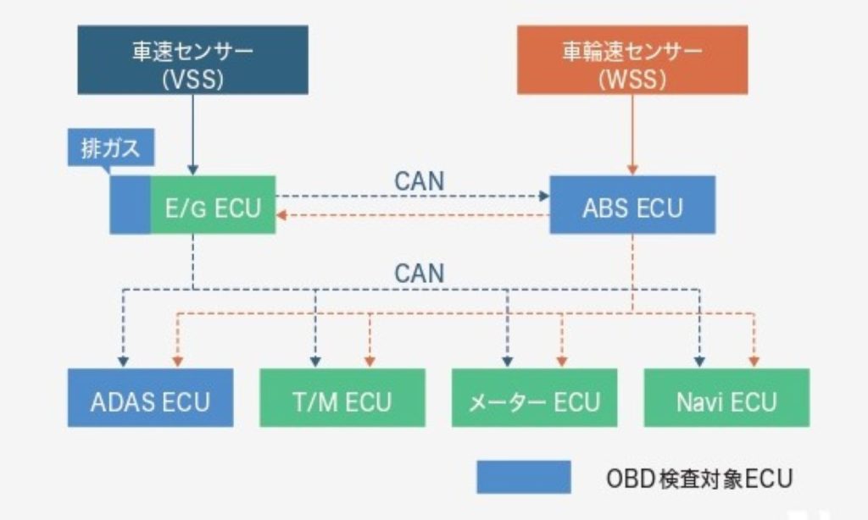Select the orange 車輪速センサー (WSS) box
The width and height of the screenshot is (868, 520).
click(632, 59)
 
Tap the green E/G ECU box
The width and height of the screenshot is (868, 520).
click(214, 205)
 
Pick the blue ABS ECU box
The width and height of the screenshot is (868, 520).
click(632, 205)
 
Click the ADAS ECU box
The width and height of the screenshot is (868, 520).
click(150, 398)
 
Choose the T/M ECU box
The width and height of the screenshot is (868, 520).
click(342, 398)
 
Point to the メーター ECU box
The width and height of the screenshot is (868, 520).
click(534, 398)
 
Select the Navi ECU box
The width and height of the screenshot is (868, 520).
click(726, 398)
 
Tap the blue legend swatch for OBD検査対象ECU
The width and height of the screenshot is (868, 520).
click(523, 477)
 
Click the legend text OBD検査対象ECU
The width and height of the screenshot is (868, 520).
click(698, 478)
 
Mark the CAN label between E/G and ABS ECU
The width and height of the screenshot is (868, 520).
click(419, 181)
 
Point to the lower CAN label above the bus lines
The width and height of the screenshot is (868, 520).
click(419, 273)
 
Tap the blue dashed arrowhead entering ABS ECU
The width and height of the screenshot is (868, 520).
click(543, 196)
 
